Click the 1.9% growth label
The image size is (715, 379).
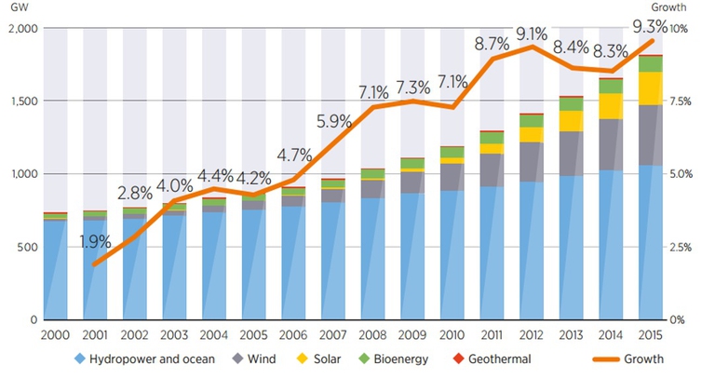point(94,242)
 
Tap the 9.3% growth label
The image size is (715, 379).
point(648,16)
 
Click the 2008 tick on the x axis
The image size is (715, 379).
point(373,332)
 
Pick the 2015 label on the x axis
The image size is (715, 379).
point(649,332)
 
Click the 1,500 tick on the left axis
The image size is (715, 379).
point(20,101)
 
